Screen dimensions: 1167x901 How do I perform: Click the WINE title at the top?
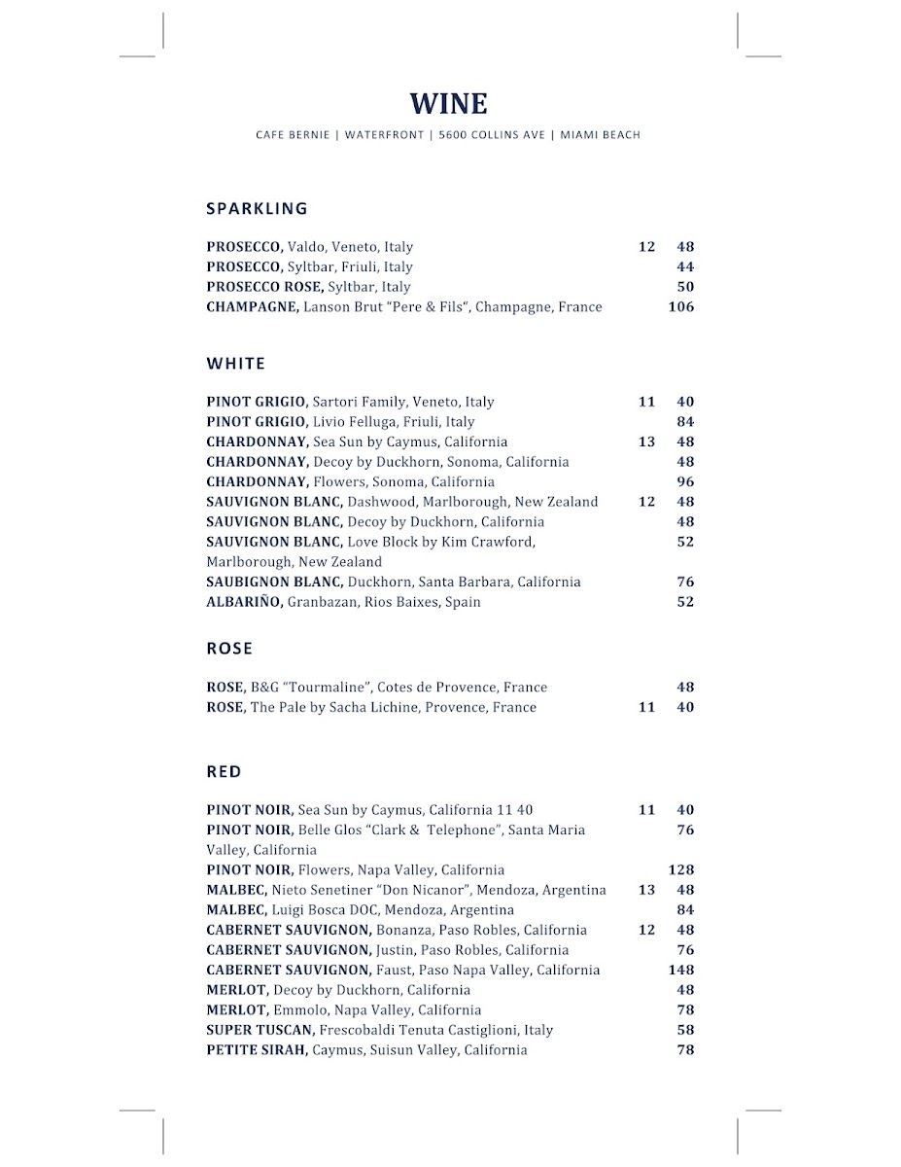click(448, 104)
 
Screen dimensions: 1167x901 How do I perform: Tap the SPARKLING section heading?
click(257, 208)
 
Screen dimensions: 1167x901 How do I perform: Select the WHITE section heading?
click(235, 364)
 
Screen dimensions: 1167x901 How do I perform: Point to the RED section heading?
click(224, 772)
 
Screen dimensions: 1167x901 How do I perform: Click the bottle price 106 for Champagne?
click(680, 307)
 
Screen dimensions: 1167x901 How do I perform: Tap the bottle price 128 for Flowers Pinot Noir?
click(680, 870)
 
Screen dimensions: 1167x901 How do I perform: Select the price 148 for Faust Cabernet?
click(680, 971)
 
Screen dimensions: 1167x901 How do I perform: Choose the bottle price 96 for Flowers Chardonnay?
click(685, 482)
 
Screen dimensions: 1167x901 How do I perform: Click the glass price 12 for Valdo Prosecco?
click(646, 247)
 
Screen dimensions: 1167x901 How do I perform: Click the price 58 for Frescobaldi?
click(685, 1030)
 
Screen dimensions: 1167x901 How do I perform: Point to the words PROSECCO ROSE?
click(264, 287)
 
